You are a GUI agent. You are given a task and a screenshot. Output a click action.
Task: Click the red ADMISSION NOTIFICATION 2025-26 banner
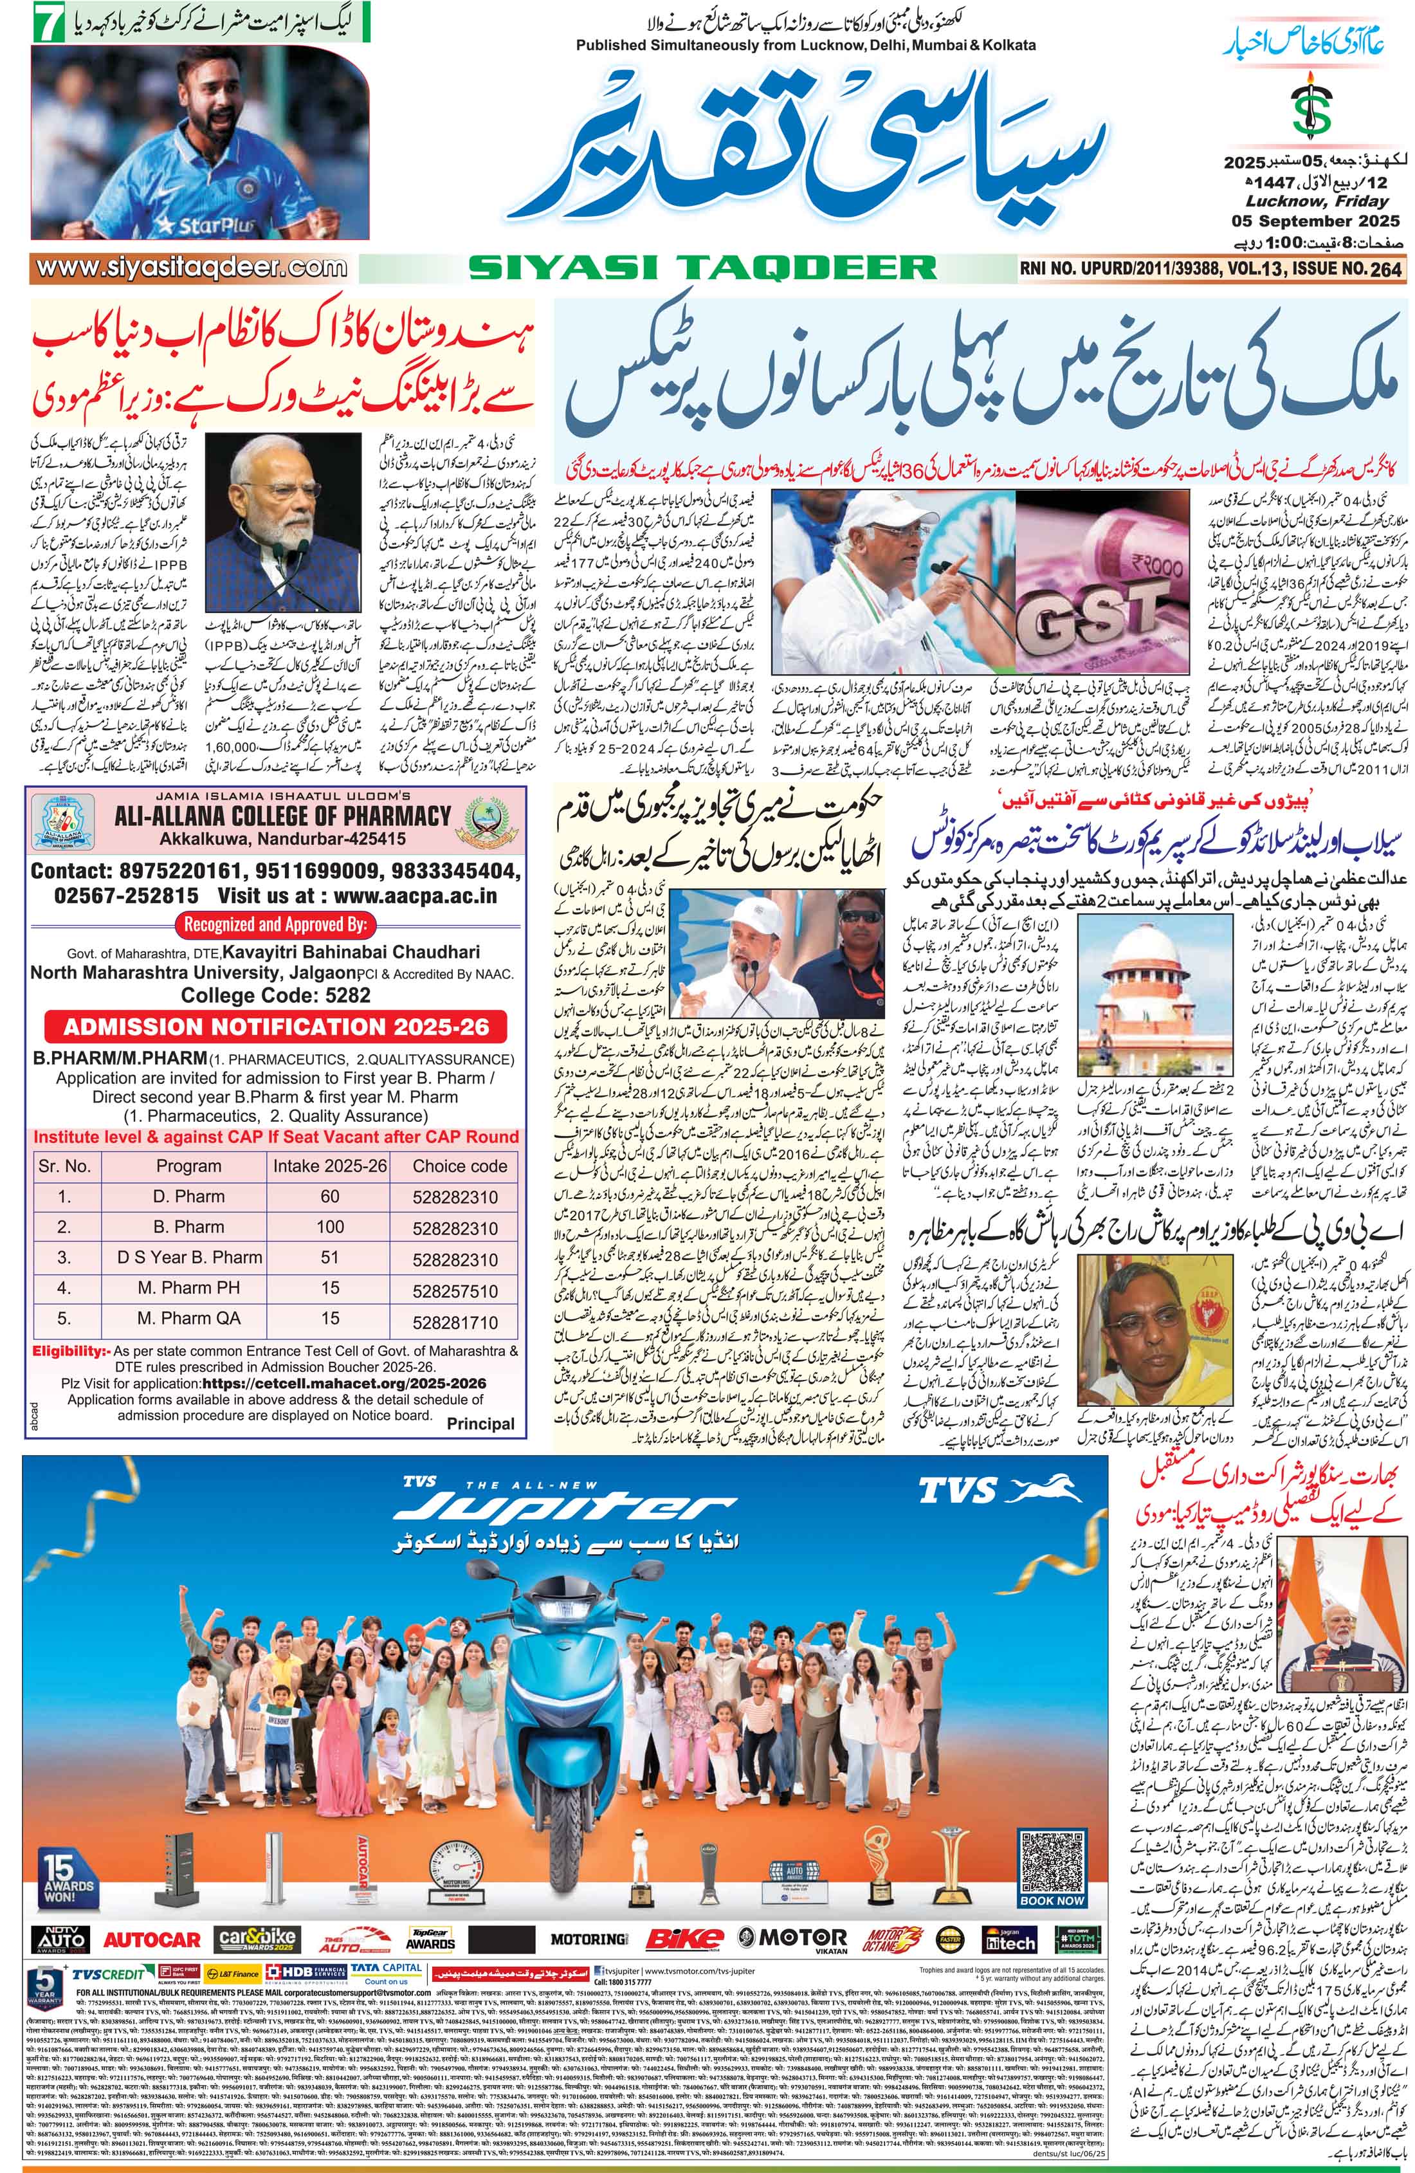coord(277,1026)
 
